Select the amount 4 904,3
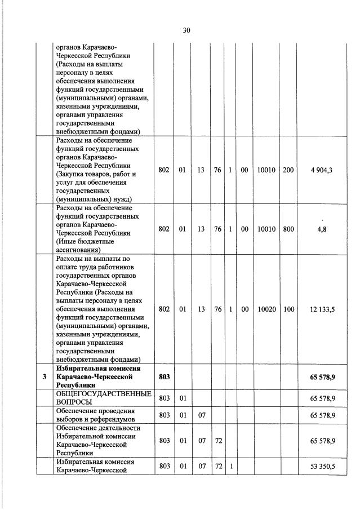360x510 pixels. [x=321, y=170]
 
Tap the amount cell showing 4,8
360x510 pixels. [x=322, y=229]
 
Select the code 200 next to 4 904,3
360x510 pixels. [x=288, y=170]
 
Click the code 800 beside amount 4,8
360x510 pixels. [x=288, y=229]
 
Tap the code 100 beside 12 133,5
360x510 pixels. [x=288, y=309]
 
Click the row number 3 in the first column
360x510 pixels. [x=44, y=377]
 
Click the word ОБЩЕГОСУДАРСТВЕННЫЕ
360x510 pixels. [x=104, y=393]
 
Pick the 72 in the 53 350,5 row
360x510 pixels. [x=217, y=466]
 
